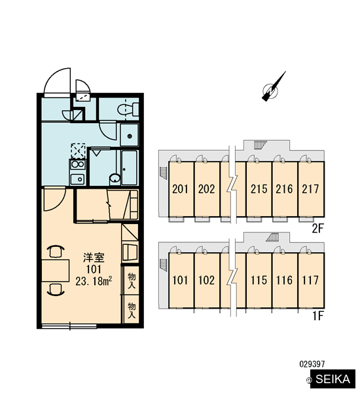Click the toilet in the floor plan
click(128, 109)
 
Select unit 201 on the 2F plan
click(180, 189)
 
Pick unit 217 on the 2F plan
click(311, 189)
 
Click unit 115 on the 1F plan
click(259, 280)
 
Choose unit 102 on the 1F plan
click(207, 280)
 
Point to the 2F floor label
click(317, 229)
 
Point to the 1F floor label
click(318, 316)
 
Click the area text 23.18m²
click(94, 282)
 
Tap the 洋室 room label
click(94, 257)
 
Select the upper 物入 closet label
click(132, 280)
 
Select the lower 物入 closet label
click(132, 310)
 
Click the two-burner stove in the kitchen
click(78, 164)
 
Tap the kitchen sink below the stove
click(78, 178)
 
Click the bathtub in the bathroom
click(129, 168)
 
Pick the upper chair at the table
click(56, 251)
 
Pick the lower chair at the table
click(56, 290)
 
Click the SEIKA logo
click(333, 379)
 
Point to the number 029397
click(312, 364)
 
